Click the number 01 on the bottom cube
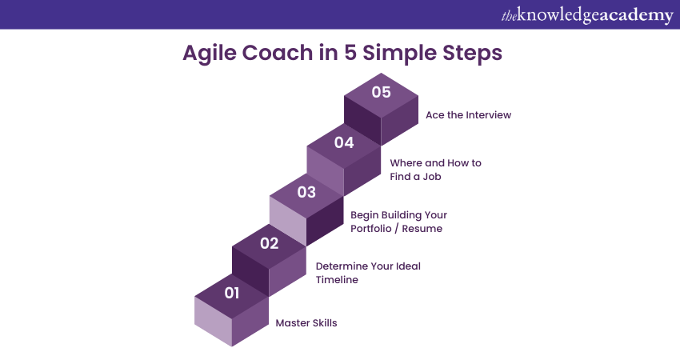tap(231, 294)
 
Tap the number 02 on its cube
tap(269, 243)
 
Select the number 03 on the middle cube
tap(306, 192)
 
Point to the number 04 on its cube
tap(344, 142)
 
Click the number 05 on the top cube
tap(381, 92)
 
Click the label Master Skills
tap(306, 322)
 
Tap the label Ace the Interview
tap(468, 115)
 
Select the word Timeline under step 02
tap(337, 280)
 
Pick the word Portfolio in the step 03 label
tap(370, 229)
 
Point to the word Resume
tap(422, 229)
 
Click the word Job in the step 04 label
tap(432, 177)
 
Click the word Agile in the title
tap(210, 54)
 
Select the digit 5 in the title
tap(350, 53)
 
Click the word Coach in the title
tap(277, 53)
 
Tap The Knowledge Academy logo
tap(587, 15)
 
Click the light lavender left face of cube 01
tap(213, 321)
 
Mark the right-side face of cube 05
tap(400, 121)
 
